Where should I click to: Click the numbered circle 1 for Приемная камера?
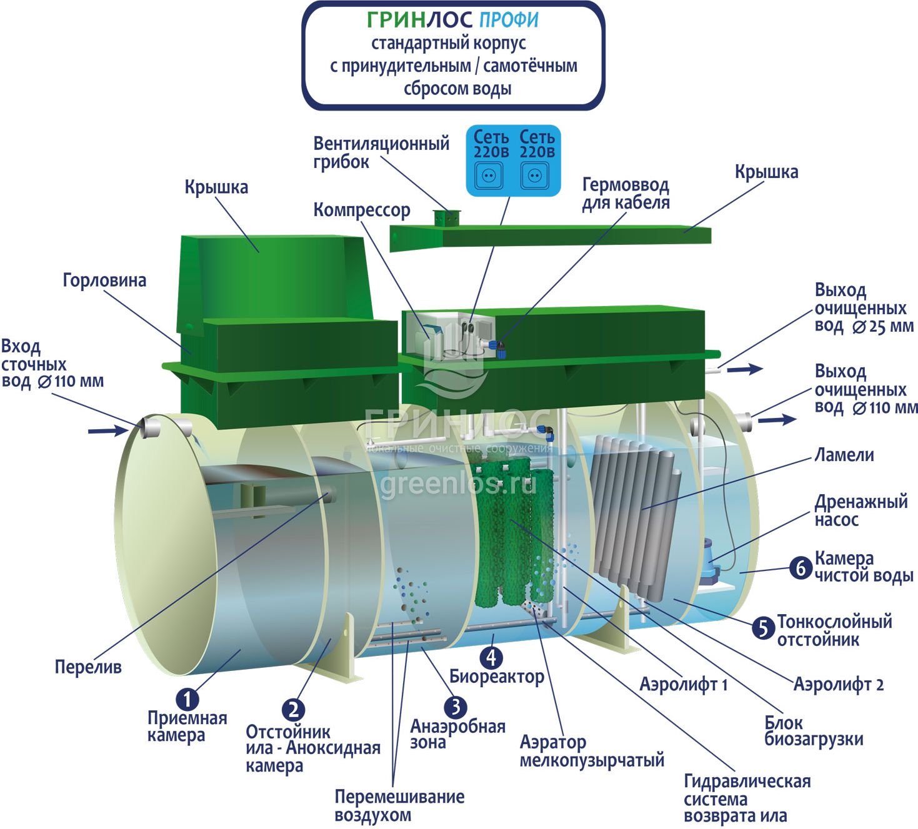[x=186, y=698]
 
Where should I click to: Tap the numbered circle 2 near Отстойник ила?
[x=293, y=710]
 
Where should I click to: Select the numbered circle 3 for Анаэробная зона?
[x=456, y=707]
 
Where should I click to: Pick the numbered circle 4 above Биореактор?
[x=491, y=657]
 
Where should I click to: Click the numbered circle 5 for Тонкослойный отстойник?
[x=763, y=627]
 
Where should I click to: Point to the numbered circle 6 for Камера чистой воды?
[x=801, y=567]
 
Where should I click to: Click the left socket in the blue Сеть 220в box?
[x=489, y=176]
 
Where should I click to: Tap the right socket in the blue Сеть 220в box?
[x=534, y=176]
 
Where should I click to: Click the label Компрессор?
[x=361, y=210]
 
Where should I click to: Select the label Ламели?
[x=844, y=455]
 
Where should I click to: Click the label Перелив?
[x=88, y=667]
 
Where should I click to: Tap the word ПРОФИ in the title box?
[x=509, y=20]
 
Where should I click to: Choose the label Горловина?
[x=104, y=280]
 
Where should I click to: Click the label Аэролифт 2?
[x=838, y=684]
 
